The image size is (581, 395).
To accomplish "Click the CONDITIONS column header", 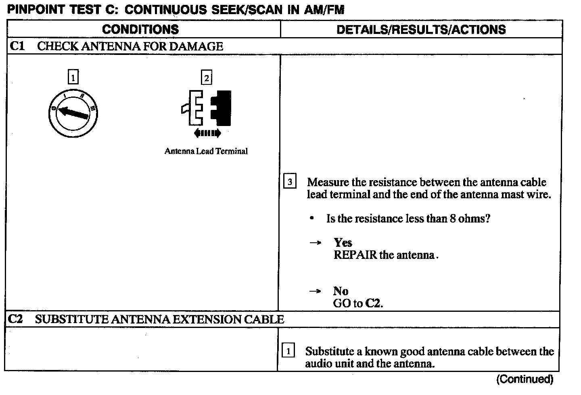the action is (x=140, y=29).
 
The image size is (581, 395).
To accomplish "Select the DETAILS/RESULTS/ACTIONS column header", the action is (x=421, y=29).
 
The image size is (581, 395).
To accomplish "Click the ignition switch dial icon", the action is (x=73, y=112).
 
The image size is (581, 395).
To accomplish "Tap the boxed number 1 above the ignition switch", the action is (x=73, y=77).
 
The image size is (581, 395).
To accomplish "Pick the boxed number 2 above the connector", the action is (x=206, y=78).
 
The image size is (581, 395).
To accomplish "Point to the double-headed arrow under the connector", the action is (x=207, y=133).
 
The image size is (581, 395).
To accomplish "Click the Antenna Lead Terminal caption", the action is (x=206, y=151).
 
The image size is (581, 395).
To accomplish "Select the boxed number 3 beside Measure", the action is (x=290, y=182).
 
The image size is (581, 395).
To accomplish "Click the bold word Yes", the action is (x=343, y=242).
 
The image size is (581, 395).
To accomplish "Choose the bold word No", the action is (x=341, y=291).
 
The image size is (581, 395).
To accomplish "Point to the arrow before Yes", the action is (x=316, y=243).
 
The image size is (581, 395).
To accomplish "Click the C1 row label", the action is (x=17, y=46).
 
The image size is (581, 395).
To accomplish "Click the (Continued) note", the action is (x=525, y=379).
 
